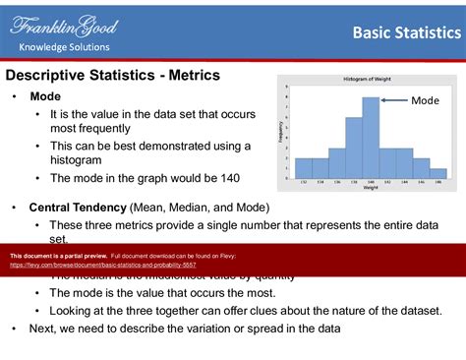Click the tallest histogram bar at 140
371,138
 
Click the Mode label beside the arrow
425,100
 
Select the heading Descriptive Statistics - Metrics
113,75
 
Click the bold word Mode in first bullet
45,96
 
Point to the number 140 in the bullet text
225,178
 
